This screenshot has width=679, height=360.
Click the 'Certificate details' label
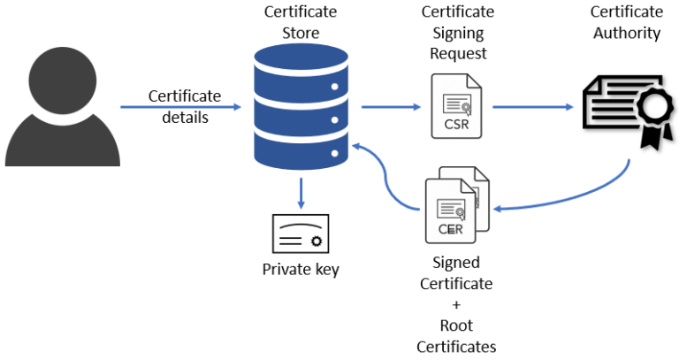(184, 106)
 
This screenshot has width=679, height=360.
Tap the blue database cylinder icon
(301, 106)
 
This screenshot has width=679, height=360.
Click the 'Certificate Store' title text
(301, 23)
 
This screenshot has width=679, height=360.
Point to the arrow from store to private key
(301, 194)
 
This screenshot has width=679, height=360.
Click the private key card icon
(301, 234)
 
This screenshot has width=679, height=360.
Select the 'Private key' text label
(301, 270)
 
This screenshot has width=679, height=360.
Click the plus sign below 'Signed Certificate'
(456, 303)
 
